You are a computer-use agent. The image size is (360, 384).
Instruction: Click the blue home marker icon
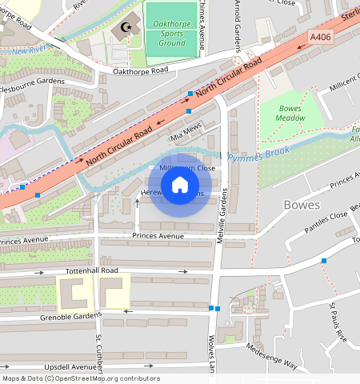[x=180, y=186]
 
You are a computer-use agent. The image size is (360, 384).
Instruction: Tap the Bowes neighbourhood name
[x=302, y=205]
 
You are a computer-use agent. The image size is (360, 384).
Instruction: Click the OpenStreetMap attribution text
[x=81, y=378]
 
